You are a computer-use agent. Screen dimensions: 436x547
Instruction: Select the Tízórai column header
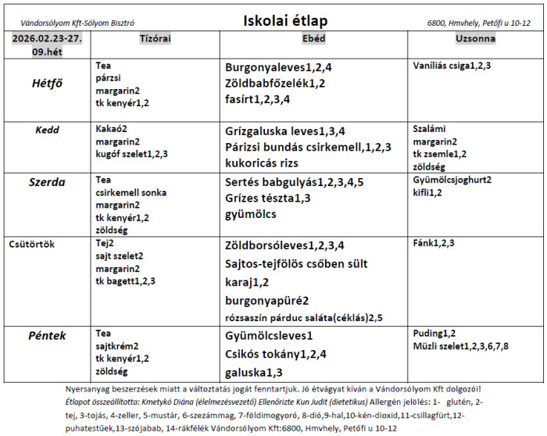tap(155, 38)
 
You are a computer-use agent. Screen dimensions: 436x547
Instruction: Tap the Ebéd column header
tap(314, 38)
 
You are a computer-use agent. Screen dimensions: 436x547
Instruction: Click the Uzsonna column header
tap(476, 38)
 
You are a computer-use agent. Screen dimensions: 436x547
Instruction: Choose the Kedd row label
tap(48, 130)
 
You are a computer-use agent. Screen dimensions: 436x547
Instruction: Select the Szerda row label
tap(47, 180)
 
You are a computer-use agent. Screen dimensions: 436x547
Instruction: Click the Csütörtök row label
tap(32, 244)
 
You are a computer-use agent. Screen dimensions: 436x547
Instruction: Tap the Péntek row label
tap(48, 336)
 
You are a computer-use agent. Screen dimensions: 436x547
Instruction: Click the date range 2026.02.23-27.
tap(47, 38)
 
